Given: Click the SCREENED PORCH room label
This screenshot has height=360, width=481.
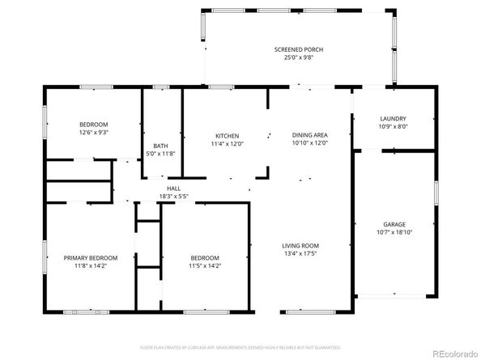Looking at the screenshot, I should tap(298, 50).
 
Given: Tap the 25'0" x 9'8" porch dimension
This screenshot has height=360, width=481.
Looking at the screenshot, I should tap(298, 58).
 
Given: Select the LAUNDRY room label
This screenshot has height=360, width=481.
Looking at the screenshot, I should tap(393, 118).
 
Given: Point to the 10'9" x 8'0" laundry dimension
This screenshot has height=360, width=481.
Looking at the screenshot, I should tap(393, 126).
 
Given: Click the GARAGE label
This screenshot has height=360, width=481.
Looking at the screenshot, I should tap(394, 224).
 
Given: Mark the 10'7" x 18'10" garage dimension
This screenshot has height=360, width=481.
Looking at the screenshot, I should tap(394, 232).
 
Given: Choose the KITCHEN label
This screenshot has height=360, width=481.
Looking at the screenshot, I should tap(227, 135).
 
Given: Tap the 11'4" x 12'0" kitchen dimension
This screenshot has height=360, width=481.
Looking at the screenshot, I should tap(227, 143).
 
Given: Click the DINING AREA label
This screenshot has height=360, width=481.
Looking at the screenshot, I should tap(309, 135).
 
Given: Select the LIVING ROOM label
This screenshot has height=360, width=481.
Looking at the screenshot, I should tap(300, 246).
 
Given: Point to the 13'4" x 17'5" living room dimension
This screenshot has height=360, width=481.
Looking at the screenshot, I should tap(300, 254).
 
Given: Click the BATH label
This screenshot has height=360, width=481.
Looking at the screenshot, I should tap(160, 146).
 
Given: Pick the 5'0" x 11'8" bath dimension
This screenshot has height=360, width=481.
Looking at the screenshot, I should tap(160, 154).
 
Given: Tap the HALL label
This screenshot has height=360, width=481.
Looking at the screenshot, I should tap(173, 187).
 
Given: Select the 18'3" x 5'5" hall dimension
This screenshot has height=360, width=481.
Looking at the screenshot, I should tap(173, 195).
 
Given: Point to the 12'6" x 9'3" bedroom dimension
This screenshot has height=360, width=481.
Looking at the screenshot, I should tap(94, 132).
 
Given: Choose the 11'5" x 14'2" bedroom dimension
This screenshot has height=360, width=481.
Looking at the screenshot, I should tap(205, 265).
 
